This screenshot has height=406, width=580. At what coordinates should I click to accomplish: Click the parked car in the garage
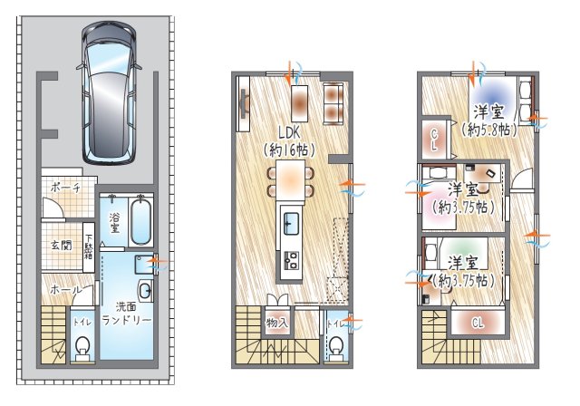pos(109,92)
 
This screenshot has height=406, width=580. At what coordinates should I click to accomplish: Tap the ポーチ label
pos(66,188)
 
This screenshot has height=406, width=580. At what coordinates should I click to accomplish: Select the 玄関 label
pos(62,245)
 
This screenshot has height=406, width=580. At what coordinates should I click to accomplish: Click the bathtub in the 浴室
pos(141,221)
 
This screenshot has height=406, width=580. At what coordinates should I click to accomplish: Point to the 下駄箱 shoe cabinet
pos(89,246)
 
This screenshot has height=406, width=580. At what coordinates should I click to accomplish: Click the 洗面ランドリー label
pos(127,314)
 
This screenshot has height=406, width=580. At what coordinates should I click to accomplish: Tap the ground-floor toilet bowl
pos(82,348)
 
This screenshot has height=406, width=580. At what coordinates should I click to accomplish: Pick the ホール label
pos(65,289)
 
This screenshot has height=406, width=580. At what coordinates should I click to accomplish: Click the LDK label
pos(289,132)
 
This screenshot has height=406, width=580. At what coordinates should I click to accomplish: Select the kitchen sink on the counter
pos(292,223)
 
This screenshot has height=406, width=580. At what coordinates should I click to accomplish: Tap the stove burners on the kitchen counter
pos(292,260)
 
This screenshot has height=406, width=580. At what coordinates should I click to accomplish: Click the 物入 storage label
pos(276,323)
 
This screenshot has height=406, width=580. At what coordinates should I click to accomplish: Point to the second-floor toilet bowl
pos(336,348)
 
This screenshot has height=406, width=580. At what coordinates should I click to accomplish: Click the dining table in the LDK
pos(291,179)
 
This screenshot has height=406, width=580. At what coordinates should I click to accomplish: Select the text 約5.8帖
pos(488,130)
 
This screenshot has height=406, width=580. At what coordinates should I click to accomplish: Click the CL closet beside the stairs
pos(478,324)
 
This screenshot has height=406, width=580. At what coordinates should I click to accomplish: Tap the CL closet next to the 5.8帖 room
pos(435,140)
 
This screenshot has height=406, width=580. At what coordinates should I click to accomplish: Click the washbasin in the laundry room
pos(145,291)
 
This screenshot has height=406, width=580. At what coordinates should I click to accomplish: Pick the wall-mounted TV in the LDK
pos(244,103)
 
